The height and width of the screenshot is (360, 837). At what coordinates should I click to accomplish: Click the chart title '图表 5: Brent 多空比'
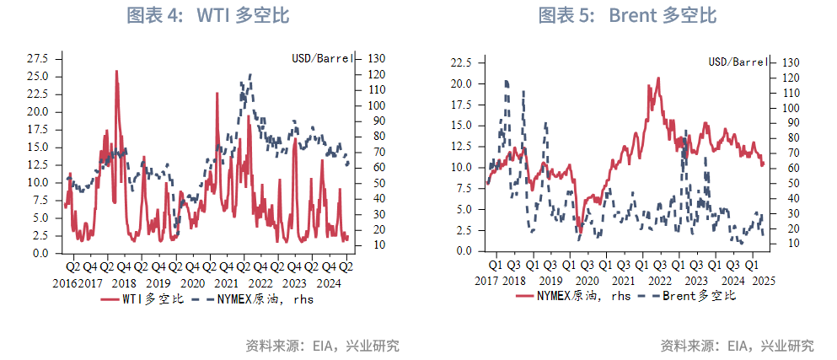coord(627,15)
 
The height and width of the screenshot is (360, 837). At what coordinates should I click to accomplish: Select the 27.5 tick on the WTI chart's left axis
coord(37,58)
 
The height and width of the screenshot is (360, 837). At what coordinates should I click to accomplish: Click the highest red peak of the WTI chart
coord(115,72)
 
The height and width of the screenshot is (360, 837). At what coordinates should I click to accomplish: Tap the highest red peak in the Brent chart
coord(658,78)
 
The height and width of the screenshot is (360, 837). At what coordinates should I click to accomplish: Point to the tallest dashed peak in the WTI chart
coord(249,74)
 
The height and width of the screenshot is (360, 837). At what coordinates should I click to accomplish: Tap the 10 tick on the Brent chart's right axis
coord(784,244)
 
